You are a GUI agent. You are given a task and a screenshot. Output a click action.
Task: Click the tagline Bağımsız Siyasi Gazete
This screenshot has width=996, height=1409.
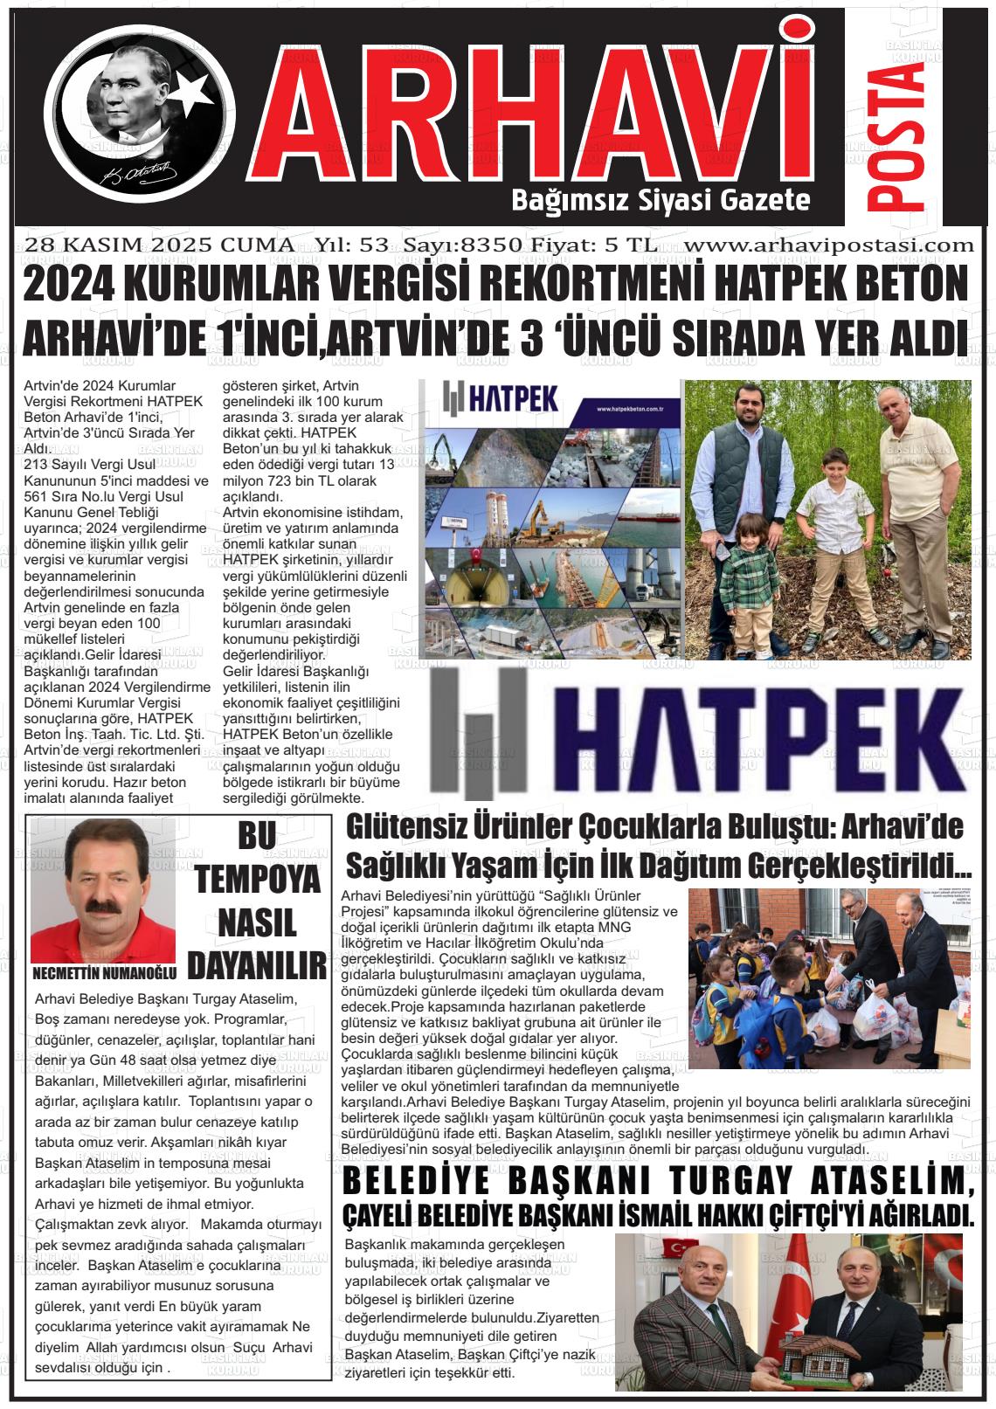click(x=661, y=201)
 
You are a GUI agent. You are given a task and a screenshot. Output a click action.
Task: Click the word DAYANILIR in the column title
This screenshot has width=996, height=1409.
click(x=258, y=965)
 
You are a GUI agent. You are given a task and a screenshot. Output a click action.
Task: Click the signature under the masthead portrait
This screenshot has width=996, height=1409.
click(x=140, y=173)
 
